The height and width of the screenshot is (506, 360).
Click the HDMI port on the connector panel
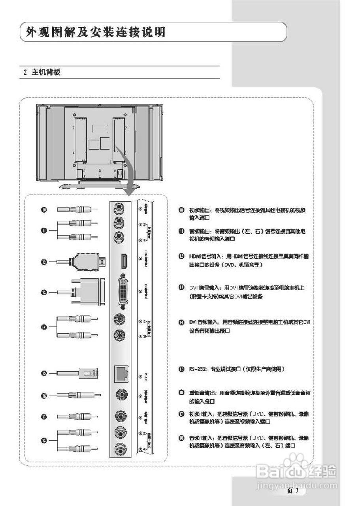coord(123,261)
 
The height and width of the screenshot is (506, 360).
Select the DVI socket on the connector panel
coord(123,291)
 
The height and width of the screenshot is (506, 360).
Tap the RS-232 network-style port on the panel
coord(120,372)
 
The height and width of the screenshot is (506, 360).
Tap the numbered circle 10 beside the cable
coord(45,210)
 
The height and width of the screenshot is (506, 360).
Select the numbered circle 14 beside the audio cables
coord(45,327)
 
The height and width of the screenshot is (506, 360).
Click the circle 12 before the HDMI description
coord(181,257)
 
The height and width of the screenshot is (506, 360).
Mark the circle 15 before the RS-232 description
coord(181,369)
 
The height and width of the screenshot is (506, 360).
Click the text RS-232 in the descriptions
coord(197,369)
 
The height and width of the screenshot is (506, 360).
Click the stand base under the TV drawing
coord(99,185)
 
